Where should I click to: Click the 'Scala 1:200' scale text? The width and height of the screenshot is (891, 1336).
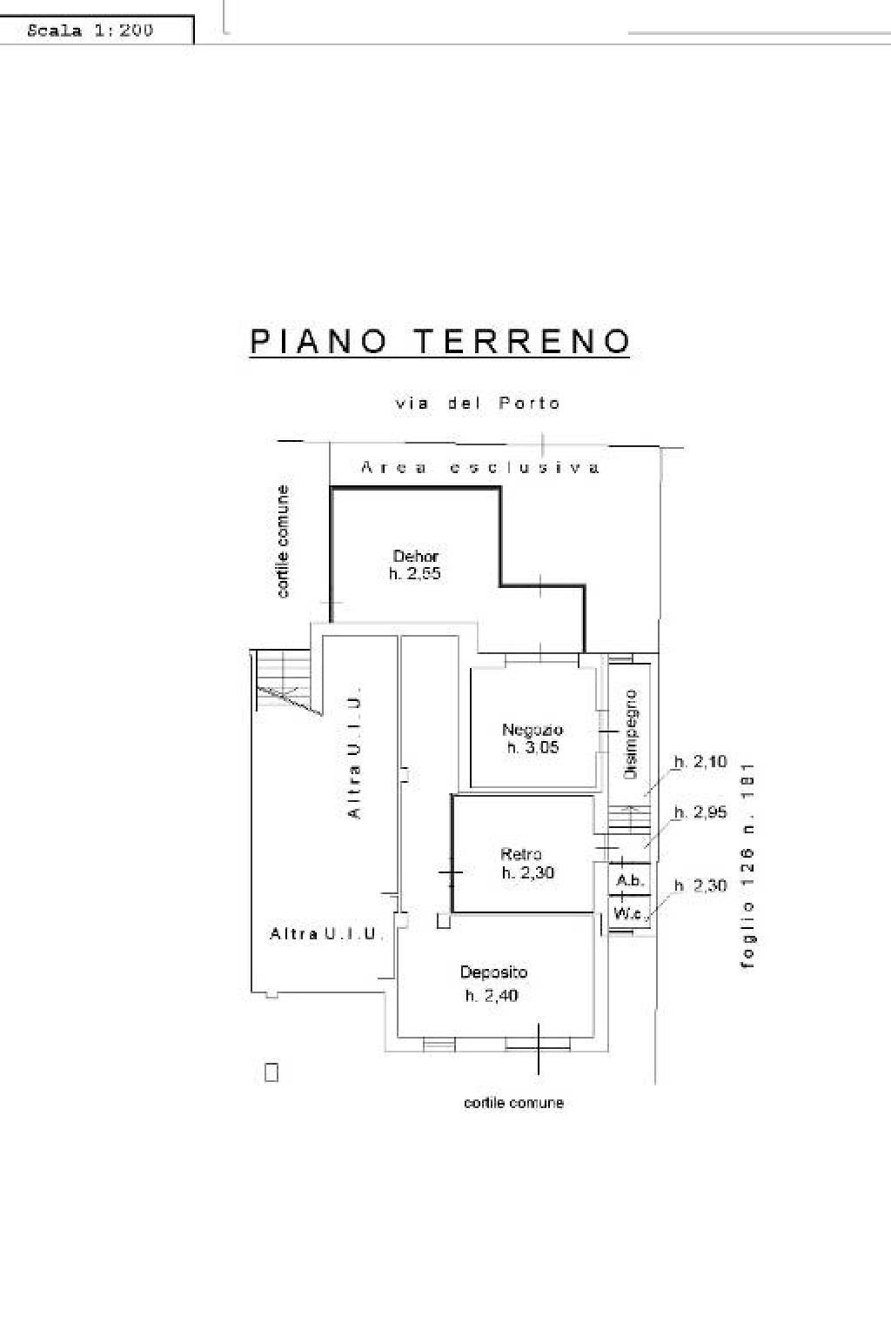(x=90, y=30)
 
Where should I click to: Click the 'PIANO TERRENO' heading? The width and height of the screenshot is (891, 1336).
(x=439, y=341)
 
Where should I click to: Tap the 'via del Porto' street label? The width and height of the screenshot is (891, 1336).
(x=478, y=404)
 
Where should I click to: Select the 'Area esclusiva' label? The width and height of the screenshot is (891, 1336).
(x=480, y=468)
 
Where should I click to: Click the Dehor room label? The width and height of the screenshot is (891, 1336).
(x=415, y=556)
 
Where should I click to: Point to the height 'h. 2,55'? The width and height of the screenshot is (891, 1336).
(x=415, y=574)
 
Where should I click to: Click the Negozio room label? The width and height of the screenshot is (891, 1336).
(x=532, y=730)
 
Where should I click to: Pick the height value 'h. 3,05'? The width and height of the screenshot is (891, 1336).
(x=532, y=748)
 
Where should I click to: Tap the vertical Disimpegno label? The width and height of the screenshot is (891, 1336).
(x=632, y=734)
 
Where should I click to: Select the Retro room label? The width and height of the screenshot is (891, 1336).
(x=520, y=854)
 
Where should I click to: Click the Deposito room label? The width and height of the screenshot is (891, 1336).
(x=493, y=972)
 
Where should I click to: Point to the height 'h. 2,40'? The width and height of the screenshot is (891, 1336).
(x=491, y=996)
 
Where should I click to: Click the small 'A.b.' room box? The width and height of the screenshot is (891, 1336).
(x=629, y=881)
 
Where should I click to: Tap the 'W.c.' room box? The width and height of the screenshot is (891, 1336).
(x=628, y=913)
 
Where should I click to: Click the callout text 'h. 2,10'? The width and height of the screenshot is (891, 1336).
(x=700, y=762)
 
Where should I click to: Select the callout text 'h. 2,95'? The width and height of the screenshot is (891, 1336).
(x=700, y=812)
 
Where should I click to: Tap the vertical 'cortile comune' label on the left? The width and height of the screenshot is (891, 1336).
(x=283, y=542)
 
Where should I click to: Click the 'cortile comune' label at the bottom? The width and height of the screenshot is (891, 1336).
(x=513, y=1103)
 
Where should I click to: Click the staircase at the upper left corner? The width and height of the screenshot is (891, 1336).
(x=285, y=681)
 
